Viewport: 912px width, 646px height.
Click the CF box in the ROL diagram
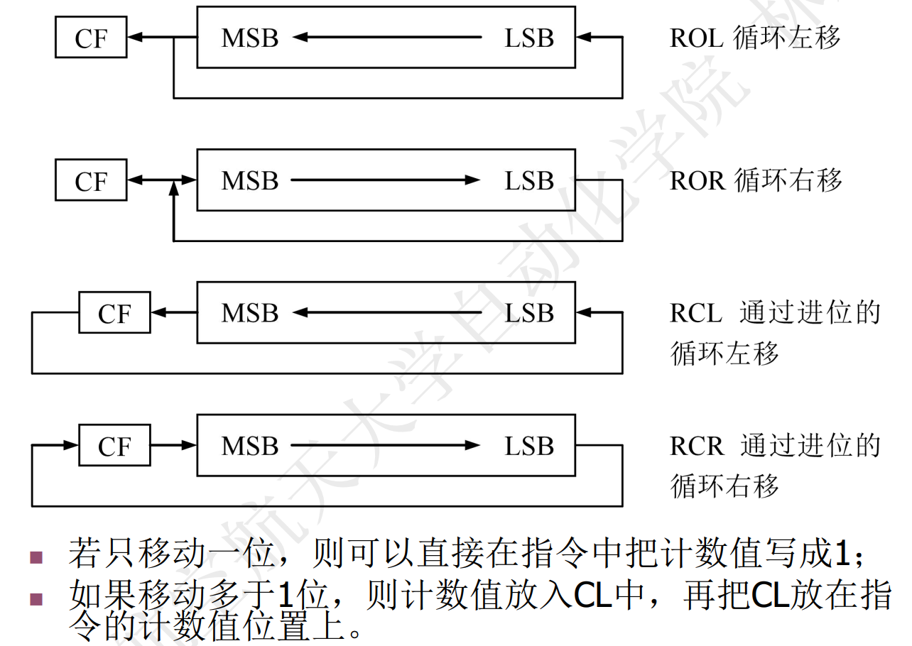91,38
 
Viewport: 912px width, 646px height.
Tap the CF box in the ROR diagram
91,181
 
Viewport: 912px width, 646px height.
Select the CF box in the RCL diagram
114,313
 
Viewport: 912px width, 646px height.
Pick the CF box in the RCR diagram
114,447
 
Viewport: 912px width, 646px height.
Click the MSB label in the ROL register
249,38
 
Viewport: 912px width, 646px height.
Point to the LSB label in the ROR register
529,181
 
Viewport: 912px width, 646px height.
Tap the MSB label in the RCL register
249,313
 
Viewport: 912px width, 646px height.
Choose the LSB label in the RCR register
529,447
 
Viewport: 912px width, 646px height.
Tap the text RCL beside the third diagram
695,313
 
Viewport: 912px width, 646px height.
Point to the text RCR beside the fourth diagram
696,447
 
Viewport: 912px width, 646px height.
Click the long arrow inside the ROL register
387,37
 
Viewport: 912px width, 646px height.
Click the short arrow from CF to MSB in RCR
173,446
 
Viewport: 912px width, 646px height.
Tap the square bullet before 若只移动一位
36,557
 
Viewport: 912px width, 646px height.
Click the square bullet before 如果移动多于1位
36,599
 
